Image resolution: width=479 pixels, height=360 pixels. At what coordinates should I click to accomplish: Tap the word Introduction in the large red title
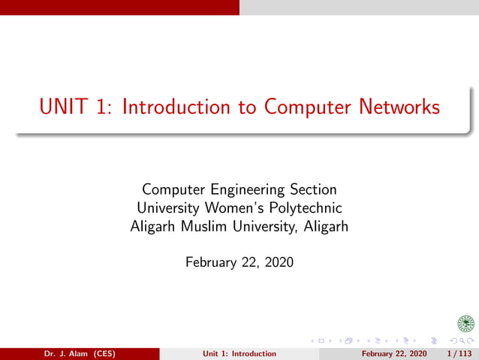tap(176, 107)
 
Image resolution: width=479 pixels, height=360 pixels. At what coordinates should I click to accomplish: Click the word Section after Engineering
tap(312, 189)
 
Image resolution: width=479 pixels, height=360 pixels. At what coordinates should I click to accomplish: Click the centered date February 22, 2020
tap(239, 262)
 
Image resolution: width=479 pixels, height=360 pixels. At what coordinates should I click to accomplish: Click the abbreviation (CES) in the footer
tap(100, 353)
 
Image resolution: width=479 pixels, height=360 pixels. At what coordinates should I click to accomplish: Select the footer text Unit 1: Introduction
tap(239, 353)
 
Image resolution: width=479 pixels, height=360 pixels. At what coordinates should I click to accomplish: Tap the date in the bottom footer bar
tap(394, 353)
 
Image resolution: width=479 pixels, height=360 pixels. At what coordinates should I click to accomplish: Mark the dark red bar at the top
tap(119, 7)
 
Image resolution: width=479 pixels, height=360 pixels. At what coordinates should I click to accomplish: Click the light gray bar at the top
tap(359, 7)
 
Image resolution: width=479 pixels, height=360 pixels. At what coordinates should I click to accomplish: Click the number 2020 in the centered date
tap(278, 262)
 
